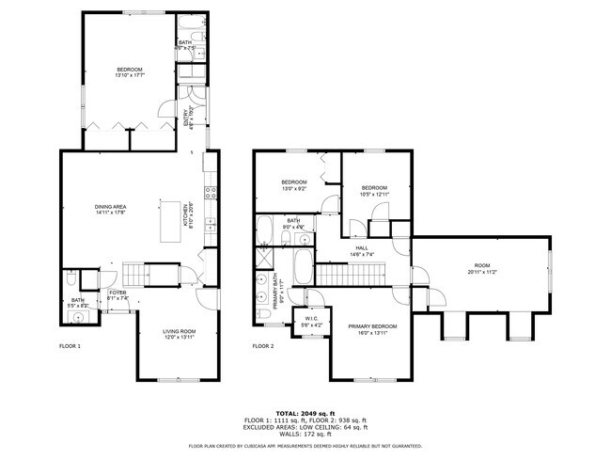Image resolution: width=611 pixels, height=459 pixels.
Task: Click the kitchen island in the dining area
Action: click(x=171, y=220)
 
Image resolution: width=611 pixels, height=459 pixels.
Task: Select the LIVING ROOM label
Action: click(x=179, y=333)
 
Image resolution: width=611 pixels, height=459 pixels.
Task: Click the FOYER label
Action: click(x=117, y=293)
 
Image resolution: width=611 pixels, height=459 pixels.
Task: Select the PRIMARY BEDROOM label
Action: click(x=373, y=328)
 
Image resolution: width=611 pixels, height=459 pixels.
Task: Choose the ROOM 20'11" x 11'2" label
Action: click(x=482, y=268)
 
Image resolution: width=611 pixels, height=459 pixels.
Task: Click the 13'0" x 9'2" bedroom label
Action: click(x=294, y=184)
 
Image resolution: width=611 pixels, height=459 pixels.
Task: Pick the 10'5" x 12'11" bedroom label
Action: click(x=374, y=190)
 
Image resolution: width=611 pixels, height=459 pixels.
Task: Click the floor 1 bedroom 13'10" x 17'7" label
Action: click(x=130, y=72)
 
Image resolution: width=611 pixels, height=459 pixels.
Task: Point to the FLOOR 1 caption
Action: click(x=70, y=346)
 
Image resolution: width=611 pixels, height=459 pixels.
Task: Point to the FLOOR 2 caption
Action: click(x=263, y=346)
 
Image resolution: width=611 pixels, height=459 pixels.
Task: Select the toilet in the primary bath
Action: click(x=261, y=299)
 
